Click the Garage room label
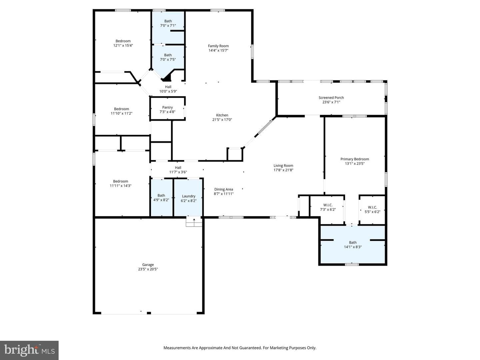click(x=148, y=264)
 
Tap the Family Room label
click(x=218, y=46)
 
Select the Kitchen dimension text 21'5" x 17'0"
click(x=222, y=120)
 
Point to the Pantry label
click(x=168, y=107)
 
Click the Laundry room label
click(x=189, y=196)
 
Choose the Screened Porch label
click(x=331, y=98)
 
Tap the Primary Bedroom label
click(x=355, y=159)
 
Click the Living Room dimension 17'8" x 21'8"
click(x=283, y=170)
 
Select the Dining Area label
click(x=223, y=189)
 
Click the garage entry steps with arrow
click(x=194, y=222)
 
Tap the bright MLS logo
click(x=29, y=350)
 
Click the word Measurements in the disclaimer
click(x=177, y=348)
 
